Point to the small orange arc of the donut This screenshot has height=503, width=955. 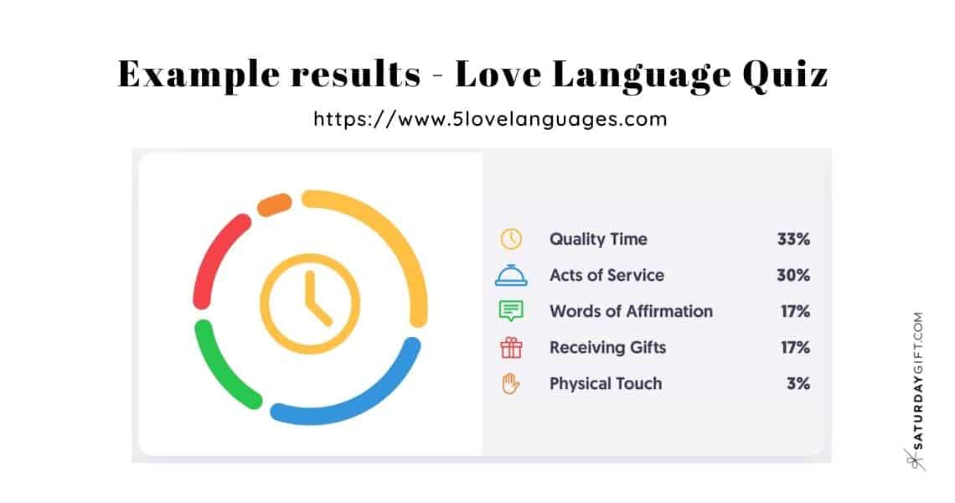[273, 205]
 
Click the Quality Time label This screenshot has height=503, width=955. [598, 239]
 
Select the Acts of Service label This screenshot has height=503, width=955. [607, 275]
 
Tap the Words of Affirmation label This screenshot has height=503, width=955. [631, 311]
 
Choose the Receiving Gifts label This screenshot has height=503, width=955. [607, 347]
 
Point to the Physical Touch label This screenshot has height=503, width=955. [606, 383]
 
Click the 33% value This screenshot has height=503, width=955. [793, 239]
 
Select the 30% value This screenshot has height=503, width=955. [793, 275]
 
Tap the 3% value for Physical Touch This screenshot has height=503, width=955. [798, 383]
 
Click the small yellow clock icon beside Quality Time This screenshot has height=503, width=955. [511, 239]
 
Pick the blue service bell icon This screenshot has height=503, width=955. [511, 275]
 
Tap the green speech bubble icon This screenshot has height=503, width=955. [511, 311]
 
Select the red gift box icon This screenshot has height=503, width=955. [511, 347]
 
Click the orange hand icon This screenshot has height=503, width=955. [511, 383]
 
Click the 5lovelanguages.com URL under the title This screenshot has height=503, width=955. [490, 118]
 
